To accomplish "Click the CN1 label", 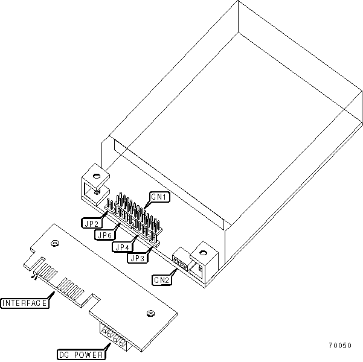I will [x=160, y=197].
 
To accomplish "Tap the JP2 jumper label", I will [x=91, y=222].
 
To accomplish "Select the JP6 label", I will [x=106, y=235].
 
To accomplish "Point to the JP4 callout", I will [x=121, y=246].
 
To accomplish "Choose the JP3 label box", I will [x=137, y=257].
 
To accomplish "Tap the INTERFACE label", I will [x=25, y=302].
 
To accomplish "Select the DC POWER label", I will [x=80, y=355].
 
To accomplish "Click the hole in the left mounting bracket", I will [x=95, y=176].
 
